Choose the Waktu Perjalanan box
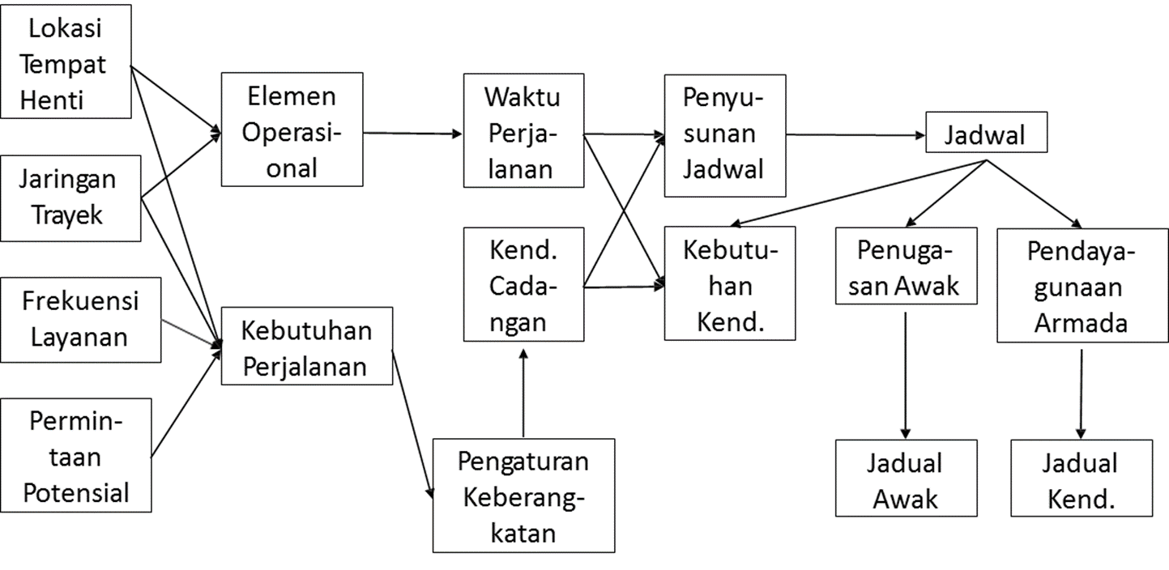click(x=523, y=131)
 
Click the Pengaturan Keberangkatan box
click(x=523, y=496)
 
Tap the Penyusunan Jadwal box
click(x=724, y=135)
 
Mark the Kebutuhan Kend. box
click(x=729, y=283)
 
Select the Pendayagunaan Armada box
click(x=1082, y=286)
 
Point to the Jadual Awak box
click(x=905, y=479)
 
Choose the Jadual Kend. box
click(x=1081, y=479)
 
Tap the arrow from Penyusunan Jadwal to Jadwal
click(x=855, y=135)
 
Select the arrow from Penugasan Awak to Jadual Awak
click(x=906, y=372)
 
